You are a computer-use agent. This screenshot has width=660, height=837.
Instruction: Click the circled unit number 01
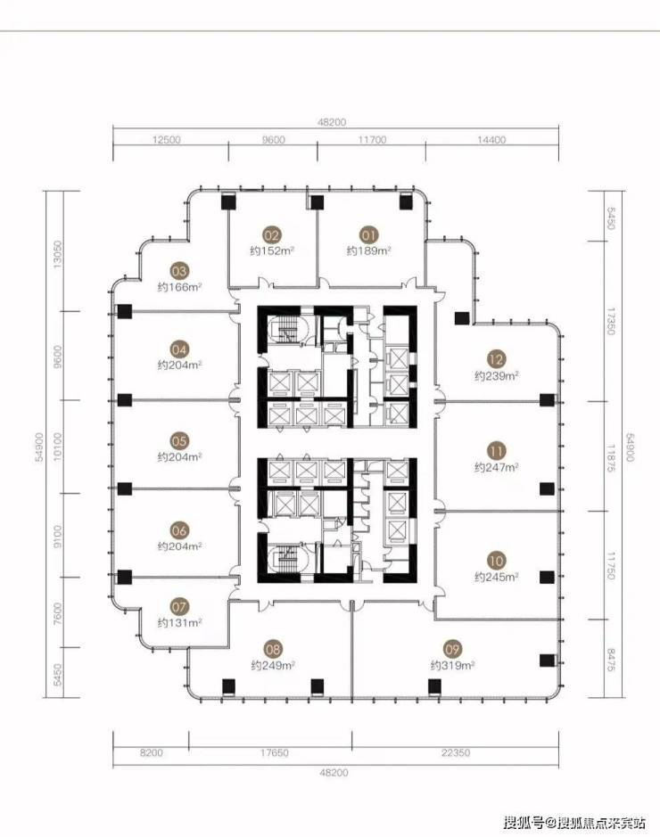tap(369, 234)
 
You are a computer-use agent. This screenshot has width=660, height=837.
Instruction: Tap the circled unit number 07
tap(179, 607)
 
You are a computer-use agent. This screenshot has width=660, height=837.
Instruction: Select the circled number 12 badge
tap(496, 359)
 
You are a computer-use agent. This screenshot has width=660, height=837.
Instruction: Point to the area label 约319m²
tap(452, 666)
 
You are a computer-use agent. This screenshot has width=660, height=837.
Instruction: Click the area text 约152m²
tap(272, 250)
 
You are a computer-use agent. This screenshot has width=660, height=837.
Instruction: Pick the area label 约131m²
tap(179, 623)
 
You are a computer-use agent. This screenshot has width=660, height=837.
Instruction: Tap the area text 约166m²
tap(179, 287)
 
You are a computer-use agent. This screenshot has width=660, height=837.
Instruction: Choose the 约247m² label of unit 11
tap(497, 468)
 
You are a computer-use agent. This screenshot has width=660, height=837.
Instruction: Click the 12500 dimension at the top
tap(167, 140)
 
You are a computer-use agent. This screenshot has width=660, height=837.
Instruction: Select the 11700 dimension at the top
tap(372, 140)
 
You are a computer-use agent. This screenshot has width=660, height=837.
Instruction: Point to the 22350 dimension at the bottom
tap(456, 752)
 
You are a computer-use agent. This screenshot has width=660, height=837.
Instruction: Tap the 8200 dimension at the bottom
tap(151, 752)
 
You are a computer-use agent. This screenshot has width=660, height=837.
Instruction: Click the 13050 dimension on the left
tap(58, 255)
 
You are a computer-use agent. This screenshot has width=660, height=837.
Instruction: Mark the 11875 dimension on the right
tap(612, 458)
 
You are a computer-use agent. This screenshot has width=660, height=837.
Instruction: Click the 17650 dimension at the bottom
tap(275, 752)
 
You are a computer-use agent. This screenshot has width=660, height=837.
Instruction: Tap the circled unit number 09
tap(452, 649)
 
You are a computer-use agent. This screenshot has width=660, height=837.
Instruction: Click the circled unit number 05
tap(179, 441)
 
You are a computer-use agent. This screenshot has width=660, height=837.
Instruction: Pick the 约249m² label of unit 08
tap(273, 666)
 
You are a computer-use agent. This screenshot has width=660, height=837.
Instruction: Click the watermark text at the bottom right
tap(574, 822)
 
